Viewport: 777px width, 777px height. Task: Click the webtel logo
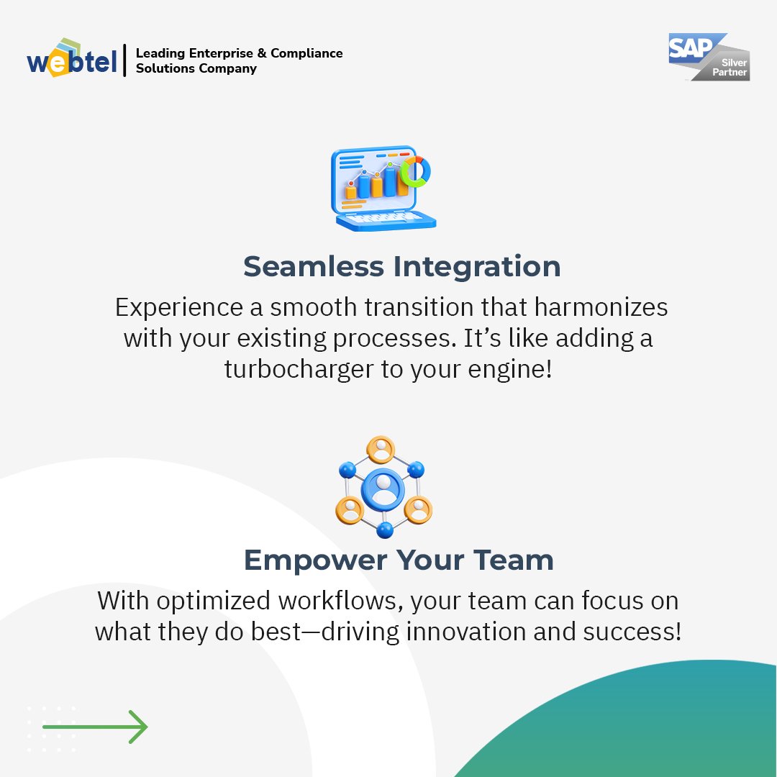pyautogui.click(x=71, y=59)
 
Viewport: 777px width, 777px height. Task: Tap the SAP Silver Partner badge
pyautogui.click(x=709, y=56)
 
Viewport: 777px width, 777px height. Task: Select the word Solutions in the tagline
pyautogui.click(x=163, y=69)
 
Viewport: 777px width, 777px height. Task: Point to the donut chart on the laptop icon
pyautogui.click(x=416, y=171)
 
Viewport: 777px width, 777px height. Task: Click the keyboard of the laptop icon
pyautogui.click(x=384, y=217)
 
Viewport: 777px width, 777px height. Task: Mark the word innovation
pyautogui.click(x=496, y=632)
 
